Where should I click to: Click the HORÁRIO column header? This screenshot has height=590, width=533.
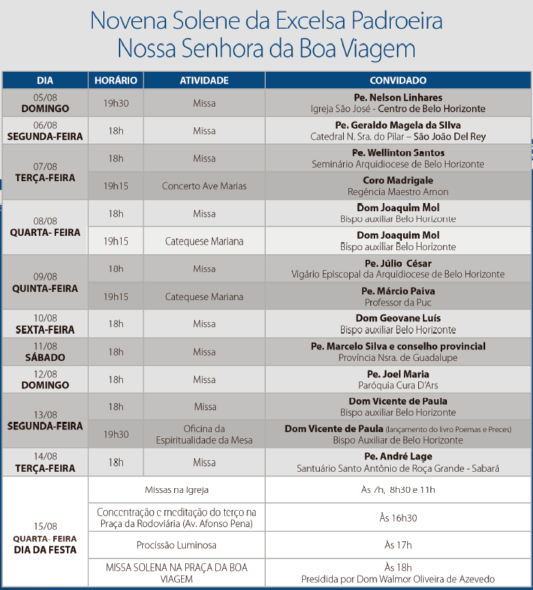[x=115, y=81]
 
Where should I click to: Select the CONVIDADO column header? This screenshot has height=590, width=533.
[x=398, y=81]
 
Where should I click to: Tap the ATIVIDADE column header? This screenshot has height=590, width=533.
[x=204, y=81]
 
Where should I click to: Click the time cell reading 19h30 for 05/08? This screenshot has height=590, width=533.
[x=115, y=103]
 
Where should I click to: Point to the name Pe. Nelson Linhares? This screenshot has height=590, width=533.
[x=398, y=98]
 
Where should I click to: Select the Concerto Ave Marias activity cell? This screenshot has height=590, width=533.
[x=204, y=186]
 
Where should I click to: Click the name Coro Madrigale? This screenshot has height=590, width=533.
[x=398, y=180]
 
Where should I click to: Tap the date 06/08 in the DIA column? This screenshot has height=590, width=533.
[x=45, y=125]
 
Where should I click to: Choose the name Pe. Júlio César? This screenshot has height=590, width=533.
[x=398, y=263]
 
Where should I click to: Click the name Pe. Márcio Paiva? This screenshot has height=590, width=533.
[x=398, y=291]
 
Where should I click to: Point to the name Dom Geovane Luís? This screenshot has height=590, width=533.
[x=398, y=319]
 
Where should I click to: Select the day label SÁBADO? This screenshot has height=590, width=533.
[x=45, y=358]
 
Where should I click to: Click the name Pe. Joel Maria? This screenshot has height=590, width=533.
[x=398, y=374]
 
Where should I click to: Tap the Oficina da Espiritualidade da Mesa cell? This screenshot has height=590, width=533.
[x=204, y=434]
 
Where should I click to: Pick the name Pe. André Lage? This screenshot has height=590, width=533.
[x=398, y=457]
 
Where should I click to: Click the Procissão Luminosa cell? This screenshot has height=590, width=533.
[x=176, y=545]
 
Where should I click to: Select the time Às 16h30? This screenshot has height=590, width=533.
[x=398, y=518]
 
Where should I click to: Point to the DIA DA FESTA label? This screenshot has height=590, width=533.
[x=45, y=549]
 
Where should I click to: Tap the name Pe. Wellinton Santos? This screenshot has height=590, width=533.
[x=398, y=153]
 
